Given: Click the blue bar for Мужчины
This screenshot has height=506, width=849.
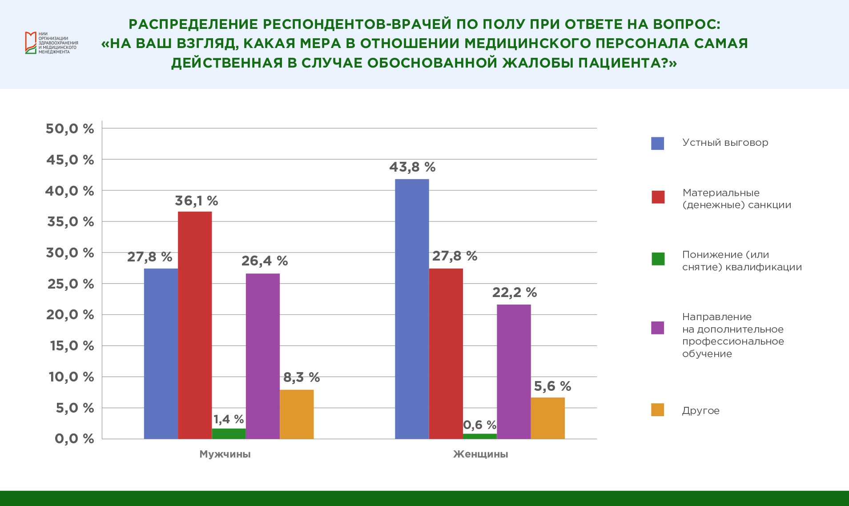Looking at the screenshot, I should point(161,353).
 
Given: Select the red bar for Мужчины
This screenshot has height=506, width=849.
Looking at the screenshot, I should point(195,325).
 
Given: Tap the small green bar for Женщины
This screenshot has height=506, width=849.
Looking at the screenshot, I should point(479,436).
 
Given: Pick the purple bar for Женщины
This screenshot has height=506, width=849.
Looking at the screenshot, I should point(514,372).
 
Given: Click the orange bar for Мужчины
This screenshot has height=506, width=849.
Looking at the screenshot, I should point(297,414).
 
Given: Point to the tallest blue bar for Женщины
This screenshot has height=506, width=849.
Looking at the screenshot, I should point(412,309).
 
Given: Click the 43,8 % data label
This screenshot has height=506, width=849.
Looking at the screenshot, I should point(412,167).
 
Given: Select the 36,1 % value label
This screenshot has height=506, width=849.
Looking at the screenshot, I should point(196,201).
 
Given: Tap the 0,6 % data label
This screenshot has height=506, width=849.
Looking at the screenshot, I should point(479,425).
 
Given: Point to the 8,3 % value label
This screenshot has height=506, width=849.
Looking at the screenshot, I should point(302,377).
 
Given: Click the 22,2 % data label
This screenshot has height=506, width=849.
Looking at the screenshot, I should point(514,293).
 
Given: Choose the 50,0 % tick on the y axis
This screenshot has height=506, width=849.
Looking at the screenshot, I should point(70,129).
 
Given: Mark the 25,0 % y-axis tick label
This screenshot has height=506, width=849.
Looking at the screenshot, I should point(71,284).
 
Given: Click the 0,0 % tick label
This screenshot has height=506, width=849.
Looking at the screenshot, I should point(74,439).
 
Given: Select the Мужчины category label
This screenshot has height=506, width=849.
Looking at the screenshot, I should point(225,454).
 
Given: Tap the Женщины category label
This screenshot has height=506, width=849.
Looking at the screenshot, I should point(480,454).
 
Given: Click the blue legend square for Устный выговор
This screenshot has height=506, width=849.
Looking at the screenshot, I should point(657,143).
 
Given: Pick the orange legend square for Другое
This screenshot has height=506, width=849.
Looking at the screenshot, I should point(657,410).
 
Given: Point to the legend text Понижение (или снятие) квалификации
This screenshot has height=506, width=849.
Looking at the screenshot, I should point(741,261).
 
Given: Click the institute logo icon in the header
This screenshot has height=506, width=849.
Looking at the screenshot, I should point(30,43).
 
